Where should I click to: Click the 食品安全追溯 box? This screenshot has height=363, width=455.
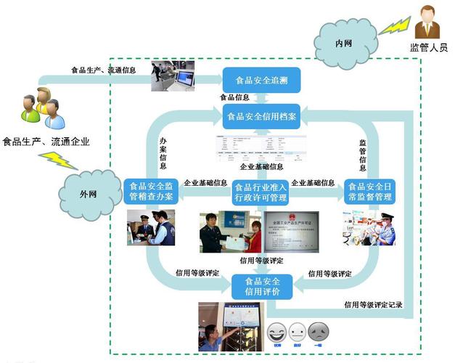coord(261,80)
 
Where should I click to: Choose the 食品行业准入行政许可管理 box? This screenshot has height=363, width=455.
coord(261,192)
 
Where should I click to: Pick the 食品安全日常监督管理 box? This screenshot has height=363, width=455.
coord(370,192)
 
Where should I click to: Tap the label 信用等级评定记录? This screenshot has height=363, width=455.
coord(373,305)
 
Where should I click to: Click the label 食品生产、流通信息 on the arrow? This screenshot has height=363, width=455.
coord(103,70)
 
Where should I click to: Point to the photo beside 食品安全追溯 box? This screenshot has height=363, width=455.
coord(173,76)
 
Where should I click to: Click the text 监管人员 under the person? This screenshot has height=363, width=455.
coord(429,49)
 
